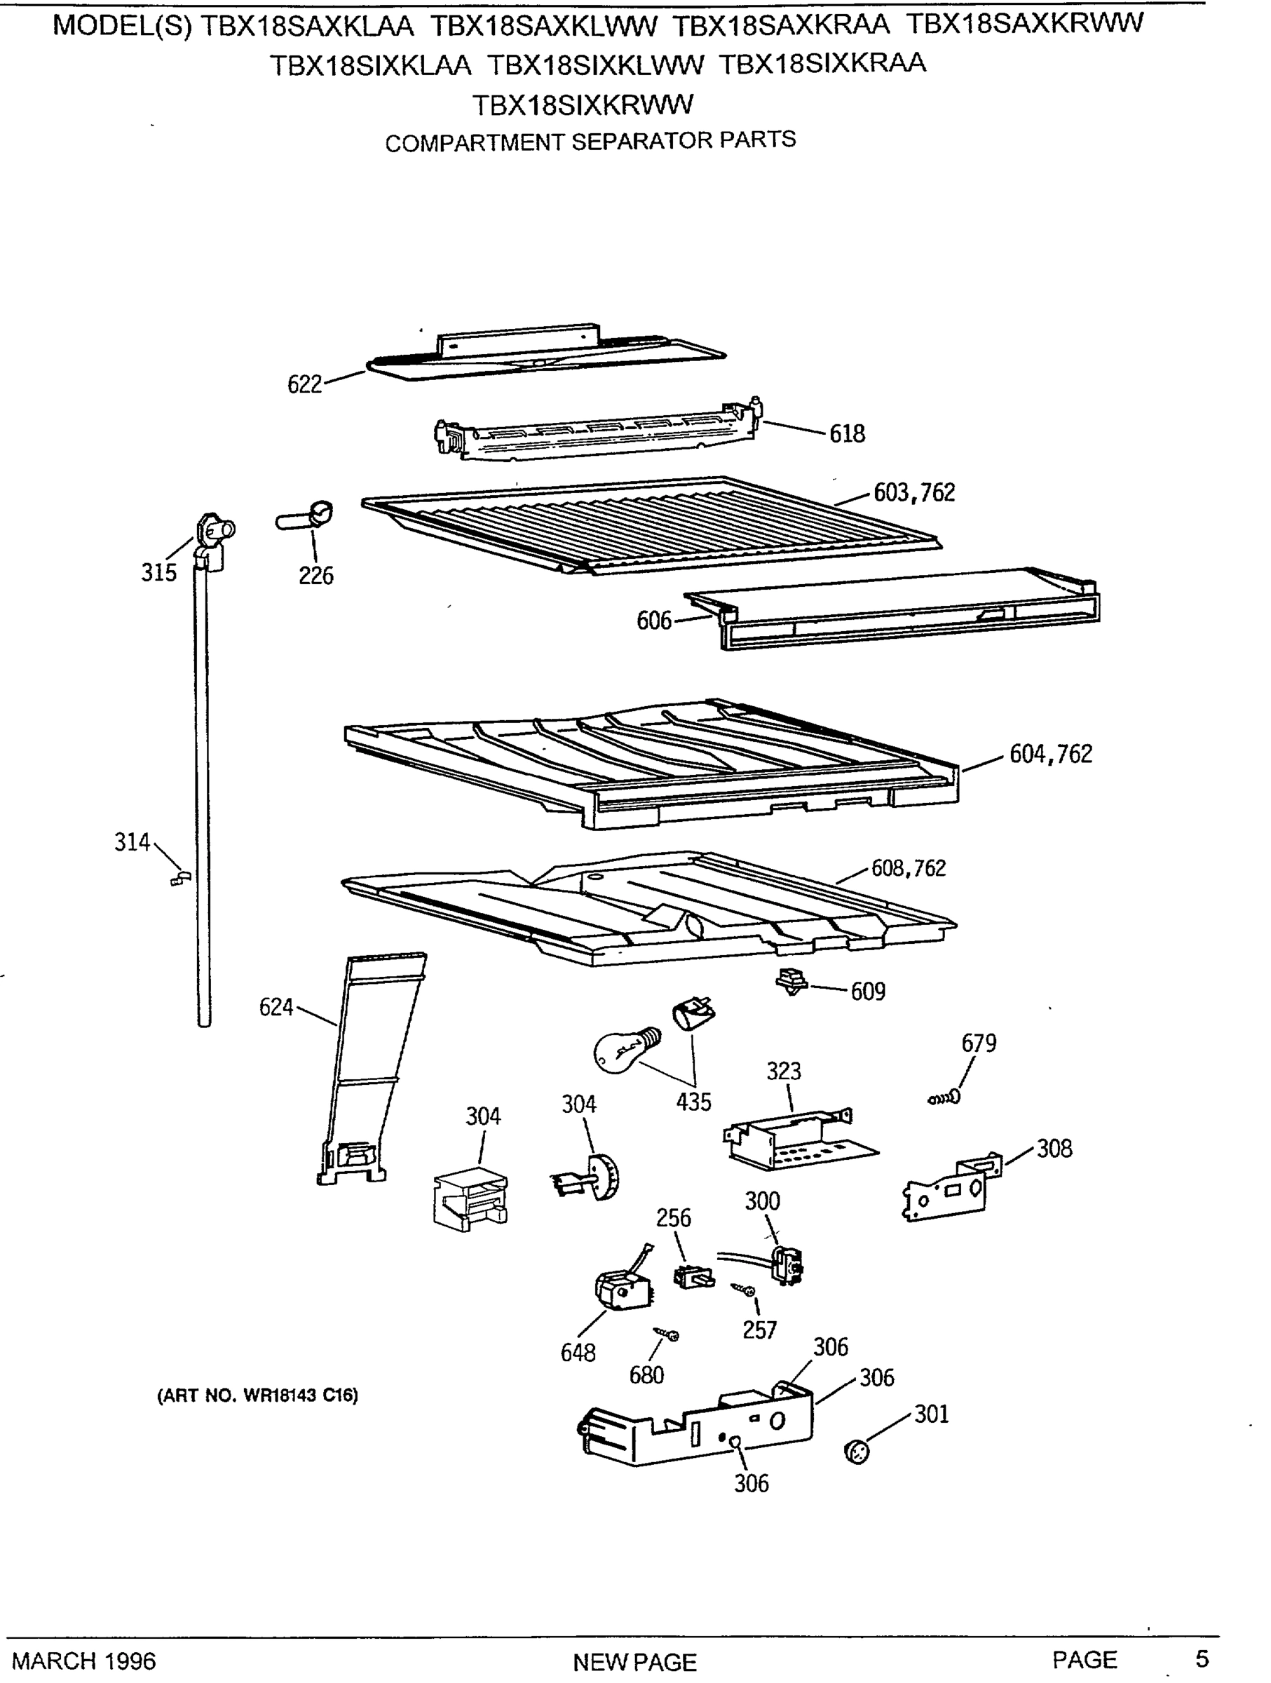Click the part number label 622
pyautogui.click(x=304, y=384)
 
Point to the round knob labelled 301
pyautogui.click(x=857, y=1452)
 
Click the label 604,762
pyautogui.click(x=1050, y=754)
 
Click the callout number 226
pyautogui.click(x=315, y=576)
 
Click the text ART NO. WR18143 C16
pyautogui.click(x=257, y=1395)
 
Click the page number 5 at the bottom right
pyautogui.click(x=1202, y=1658)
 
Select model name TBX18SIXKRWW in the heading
pyautogui.click(x=583, y=105)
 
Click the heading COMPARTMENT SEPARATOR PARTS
pyautogui.click(x=590, y=142)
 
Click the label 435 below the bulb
pyautogui.click(x=693, y=1102)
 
